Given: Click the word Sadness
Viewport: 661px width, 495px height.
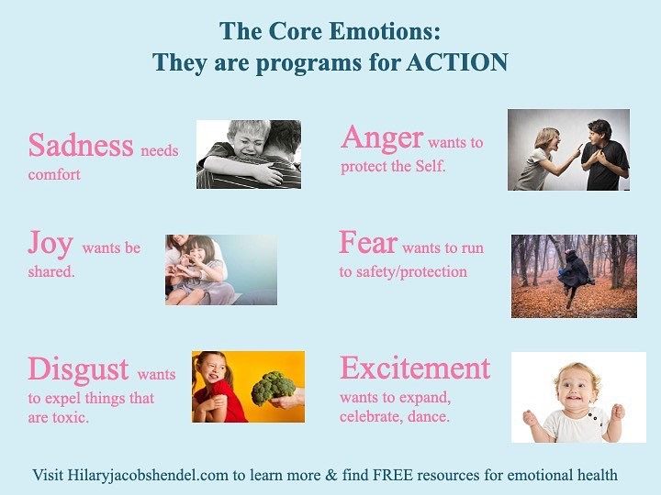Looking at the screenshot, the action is (x=81, y=145).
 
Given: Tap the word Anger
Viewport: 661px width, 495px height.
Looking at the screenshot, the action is (x=382, y=138).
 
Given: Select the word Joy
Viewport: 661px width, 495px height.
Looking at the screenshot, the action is (x=50, y=243).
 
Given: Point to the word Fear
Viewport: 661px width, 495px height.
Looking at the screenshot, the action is (x=368, y=242).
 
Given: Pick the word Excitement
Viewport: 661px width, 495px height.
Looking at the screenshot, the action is (x=415, y=368).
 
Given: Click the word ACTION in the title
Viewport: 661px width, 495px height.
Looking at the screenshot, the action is (x=457, y=62).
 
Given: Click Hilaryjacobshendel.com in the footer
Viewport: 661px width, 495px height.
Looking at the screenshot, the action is (x=148, y=475).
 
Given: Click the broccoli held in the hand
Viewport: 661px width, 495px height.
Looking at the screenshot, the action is (x=273, y=387).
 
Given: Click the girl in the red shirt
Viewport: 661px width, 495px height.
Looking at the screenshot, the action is (x=217, y=387).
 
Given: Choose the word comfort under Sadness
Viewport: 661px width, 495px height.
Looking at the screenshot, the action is (x=54, y=174).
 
